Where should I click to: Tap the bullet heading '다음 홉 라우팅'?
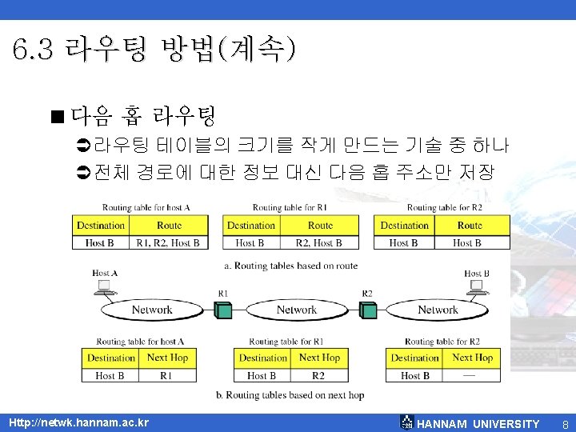click(x=143, y=119)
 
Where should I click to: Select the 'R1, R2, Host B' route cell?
click(x=168, y=242)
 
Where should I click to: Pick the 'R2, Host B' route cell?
click(x=319, y=242)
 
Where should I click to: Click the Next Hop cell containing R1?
click(x=166, y=375)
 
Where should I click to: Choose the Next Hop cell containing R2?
click(x=318, y=375)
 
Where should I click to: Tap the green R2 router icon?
click(x=367, y=310)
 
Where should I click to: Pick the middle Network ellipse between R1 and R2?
click(x=296, y=310)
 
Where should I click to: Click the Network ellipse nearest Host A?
click(x=151, y=310)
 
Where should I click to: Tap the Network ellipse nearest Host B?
click(x=438, y=310)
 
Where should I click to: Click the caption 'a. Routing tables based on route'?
click(x=291, y=266)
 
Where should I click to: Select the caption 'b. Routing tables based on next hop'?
click(x=290, y=395)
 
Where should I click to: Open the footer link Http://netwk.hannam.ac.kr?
click(x=78, y=422)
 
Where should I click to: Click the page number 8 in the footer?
click(x=565, y=424)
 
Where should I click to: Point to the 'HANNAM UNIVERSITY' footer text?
click(x=478, y=424)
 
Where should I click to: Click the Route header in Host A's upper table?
click(x=169, y=226)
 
